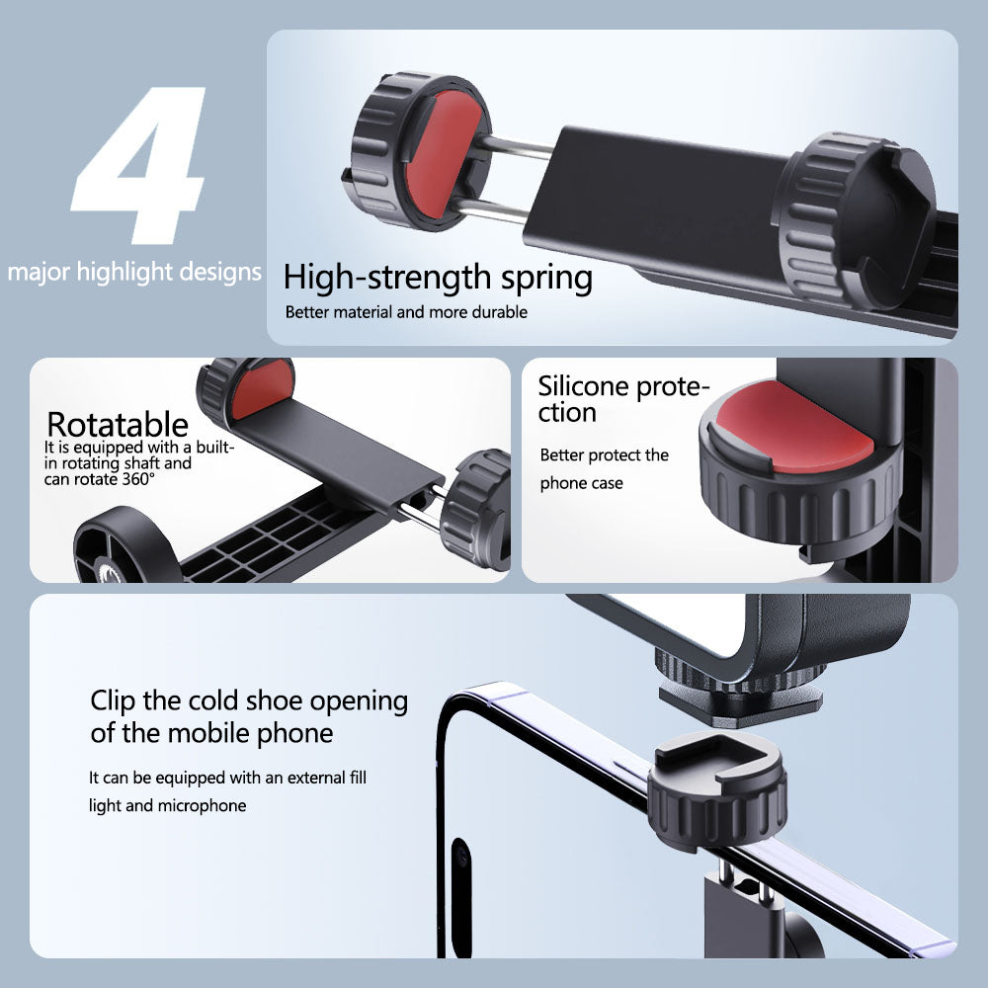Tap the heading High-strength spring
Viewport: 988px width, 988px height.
(x=438, y=278)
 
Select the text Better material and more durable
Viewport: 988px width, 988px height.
(x=406, y=312)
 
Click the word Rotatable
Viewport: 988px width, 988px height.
(x=117, y=425)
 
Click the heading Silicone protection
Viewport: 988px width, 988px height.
(x=623, y=398)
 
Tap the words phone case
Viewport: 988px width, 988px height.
(x=581, y=484)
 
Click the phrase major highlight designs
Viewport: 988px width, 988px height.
(x=134, y=272)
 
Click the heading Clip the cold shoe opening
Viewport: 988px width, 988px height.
(x=249, y=716)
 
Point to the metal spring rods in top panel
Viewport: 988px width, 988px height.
(x=514, y=178)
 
